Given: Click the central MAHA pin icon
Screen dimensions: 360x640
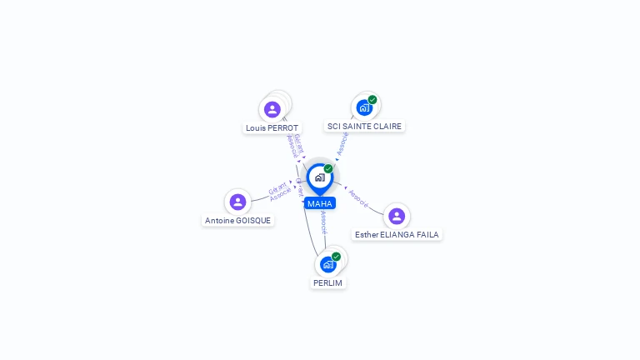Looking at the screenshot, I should pos(319,177).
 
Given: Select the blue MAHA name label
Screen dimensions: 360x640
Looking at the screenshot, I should pos(320,203).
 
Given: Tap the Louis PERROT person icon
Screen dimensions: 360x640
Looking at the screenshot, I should pos(272,109).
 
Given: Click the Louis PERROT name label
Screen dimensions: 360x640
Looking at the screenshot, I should pos(272,128).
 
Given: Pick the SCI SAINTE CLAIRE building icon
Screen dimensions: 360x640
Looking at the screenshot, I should pos(364,107).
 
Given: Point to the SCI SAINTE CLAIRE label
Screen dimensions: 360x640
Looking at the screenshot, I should pos(364,127).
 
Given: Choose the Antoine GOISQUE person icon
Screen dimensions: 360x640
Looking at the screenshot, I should pos(237,202).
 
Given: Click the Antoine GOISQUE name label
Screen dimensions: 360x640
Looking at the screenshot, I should pos(237,221).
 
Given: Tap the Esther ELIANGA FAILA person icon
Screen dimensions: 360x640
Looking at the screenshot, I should pos(397,216).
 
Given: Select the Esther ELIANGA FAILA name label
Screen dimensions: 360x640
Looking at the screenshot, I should pos(397,235).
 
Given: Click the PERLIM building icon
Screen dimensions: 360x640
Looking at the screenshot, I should pos(328,264).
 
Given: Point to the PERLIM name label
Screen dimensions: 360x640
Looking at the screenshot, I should pos(328,283).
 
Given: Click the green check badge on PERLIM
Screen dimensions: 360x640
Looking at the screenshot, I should pos(336,257).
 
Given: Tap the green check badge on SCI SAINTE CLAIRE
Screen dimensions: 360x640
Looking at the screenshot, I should pos(372,100).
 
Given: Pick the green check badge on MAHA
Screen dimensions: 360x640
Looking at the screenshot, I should pos(328,169).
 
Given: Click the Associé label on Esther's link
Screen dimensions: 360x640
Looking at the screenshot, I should pos(359,198).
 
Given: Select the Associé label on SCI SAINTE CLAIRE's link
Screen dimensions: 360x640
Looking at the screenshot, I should pos(342,143).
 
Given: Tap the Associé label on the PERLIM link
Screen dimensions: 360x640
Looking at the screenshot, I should pos(324,222).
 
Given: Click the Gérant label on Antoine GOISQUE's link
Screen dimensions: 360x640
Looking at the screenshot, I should pos(277,187).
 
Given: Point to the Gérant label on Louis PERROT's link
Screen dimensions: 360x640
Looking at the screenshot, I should pos(296,142).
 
